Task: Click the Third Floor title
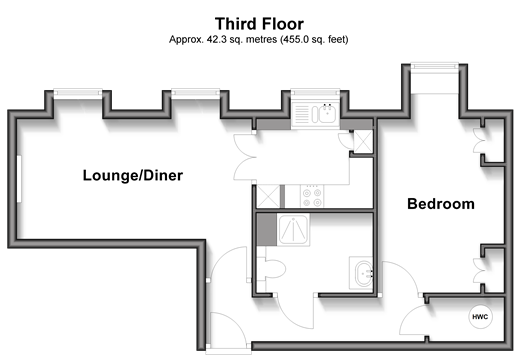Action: click(x=259, y=24)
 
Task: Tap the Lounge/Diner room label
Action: click(x=133, y=175)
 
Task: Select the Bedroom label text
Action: click(x=441, y=204)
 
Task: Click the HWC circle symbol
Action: click(x=480, y=317)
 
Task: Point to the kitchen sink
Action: click(x=315, y=114)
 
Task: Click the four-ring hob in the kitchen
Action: click(x=312, y=196)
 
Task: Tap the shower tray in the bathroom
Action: click(x=293, y=230)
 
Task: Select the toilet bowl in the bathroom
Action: click(x=275, y=269)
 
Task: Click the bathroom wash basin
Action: click(x=364, y=274)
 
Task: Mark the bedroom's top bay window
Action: click(x=435, y=66)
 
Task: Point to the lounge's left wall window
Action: click(x=19, y=179)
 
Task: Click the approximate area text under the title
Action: click(x=259, y=40)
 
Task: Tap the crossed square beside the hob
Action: click(x=268, y=196)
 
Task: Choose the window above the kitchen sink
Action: click(x=315, y=92)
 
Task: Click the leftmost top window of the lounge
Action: click(x=78, y=92)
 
